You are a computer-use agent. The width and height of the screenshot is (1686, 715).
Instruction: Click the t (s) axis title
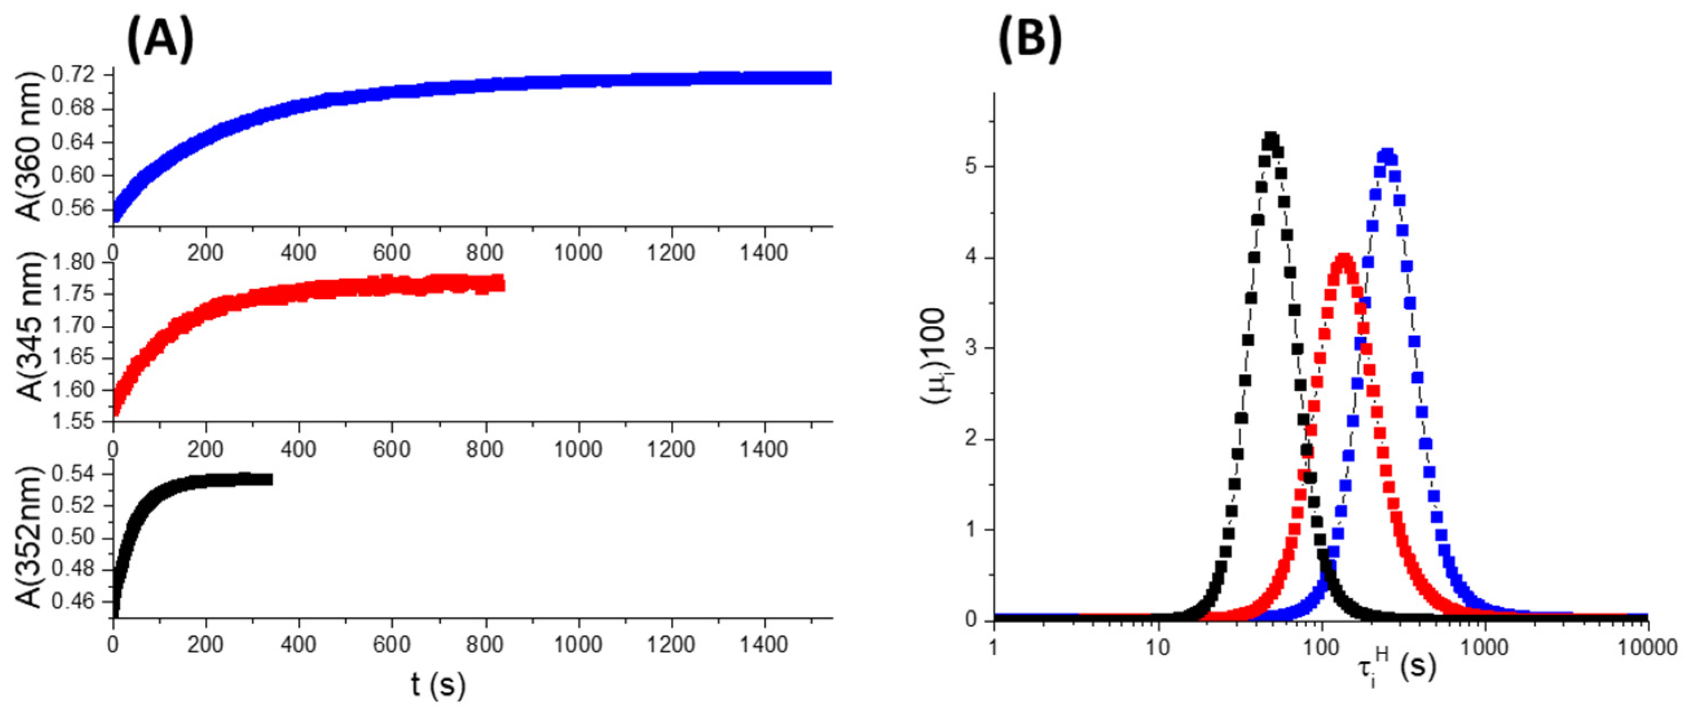click(x=438, y=685)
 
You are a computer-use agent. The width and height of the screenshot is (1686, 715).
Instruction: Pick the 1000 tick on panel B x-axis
click(x=1484, y=648)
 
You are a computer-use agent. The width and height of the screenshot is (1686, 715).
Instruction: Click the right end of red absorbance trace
click(x=501, y=283)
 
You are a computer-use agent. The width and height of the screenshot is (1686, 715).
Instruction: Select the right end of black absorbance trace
click(x=269, y=479)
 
